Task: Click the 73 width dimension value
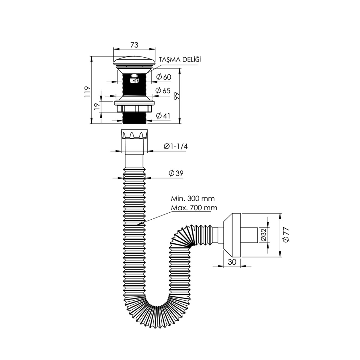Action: [134, 45]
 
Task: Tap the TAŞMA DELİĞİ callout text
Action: [180, 59]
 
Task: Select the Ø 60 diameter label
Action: [164, 77]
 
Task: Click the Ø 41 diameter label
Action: [163, 116]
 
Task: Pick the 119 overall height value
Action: [87, 91]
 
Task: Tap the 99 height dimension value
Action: [176, 96]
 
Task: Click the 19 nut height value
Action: [97, 106]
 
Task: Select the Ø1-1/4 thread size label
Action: [175, 146]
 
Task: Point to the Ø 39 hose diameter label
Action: [176, 173]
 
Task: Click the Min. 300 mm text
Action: [193, 198]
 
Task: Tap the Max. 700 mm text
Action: [194, 208]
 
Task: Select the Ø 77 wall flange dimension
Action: [286, 235]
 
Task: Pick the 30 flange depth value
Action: [232, 262]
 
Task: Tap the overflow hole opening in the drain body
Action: [134, 81]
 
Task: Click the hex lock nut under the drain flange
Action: [134, 109]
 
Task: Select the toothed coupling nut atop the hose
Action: [134, 134]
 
